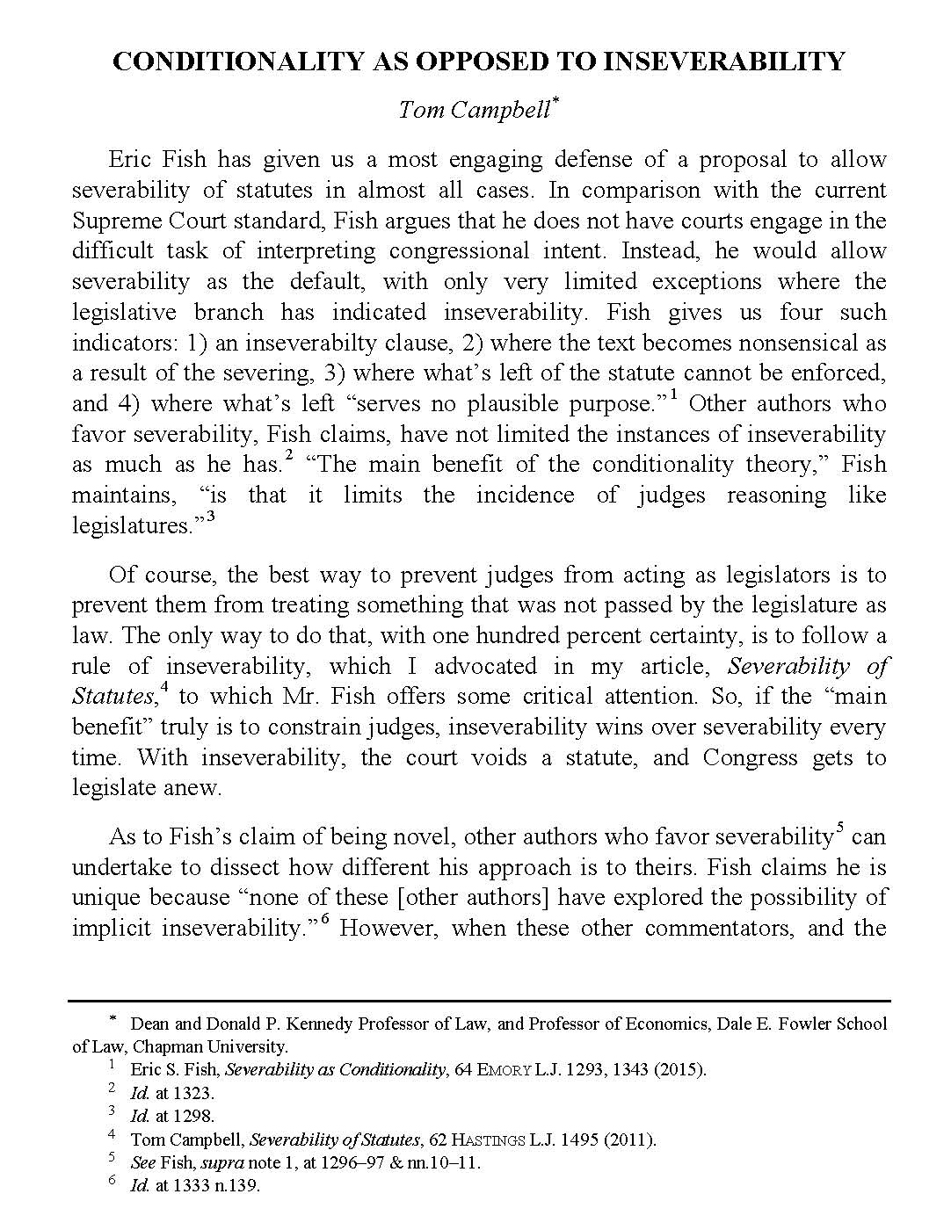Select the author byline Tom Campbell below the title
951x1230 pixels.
point(474,110)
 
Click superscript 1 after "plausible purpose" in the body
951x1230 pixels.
point(673,394)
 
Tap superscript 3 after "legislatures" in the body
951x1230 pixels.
point(210,517)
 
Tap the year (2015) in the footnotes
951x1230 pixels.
point(679,1070)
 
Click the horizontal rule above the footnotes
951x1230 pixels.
point(479,1001)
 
